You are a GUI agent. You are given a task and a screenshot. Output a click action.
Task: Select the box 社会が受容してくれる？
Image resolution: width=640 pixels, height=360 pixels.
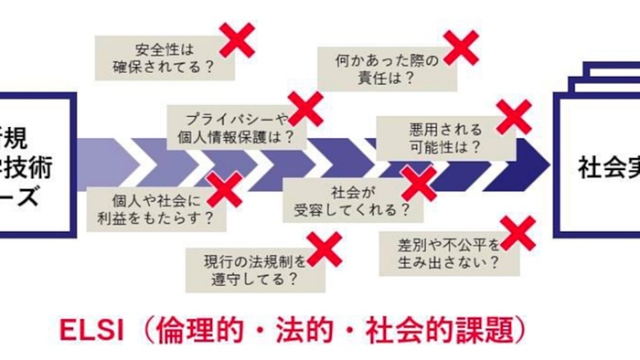point(351,200)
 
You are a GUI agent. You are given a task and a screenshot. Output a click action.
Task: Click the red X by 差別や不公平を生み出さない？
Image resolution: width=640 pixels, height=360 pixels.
point(517,233)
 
